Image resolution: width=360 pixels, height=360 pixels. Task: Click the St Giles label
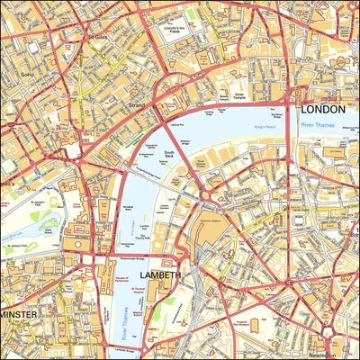tap(96, 37)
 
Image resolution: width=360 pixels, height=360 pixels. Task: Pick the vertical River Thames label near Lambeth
tap(124, 326)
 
